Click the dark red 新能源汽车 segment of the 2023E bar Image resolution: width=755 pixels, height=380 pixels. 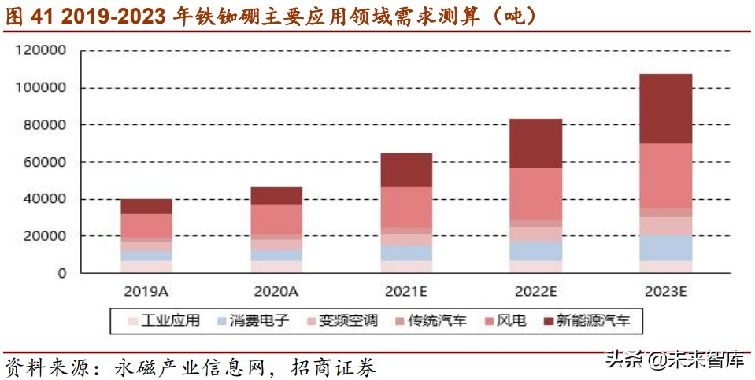(x=665, y=109)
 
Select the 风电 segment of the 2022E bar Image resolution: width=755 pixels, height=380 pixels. (x=535, y=194)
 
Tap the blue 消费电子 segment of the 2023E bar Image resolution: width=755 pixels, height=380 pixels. (x=665, y=248)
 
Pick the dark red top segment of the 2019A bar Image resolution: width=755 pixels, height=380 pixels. (x=146, y=206)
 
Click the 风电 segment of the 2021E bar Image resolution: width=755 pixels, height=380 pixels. (x=405, y=207)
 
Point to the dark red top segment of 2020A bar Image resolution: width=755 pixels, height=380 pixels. (x=276, y=195)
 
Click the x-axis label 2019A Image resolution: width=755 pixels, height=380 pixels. (x=146, y=291)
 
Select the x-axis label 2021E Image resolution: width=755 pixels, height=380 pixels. (x=405, y=291)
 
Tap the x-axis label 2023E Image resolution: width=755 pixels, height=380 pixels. (x=665, y=291)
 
